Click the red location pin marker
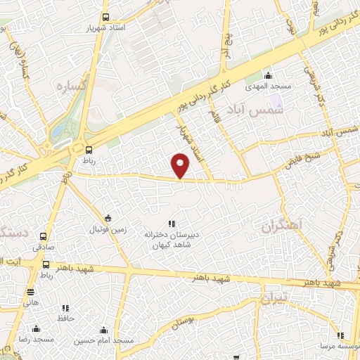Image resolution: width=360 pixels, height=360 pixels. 181,166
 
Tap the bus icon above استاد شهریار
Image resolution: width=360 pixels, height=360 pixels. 105,17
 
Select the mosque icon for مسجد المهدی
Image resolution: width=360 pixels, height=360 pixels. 266,76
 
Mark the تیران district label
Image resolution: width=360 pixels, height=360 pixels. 275,299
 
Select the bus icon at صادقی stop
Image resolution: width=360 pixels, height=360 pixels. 44,236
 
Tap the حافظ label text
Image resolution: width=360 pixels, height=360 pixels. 66,319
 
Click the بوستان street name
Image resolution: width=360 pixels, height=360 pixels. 182,321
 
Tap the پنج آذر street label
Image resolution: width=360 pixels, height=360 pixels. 227,45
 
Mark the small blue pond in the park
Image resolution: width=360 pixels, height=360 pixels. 56,131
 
